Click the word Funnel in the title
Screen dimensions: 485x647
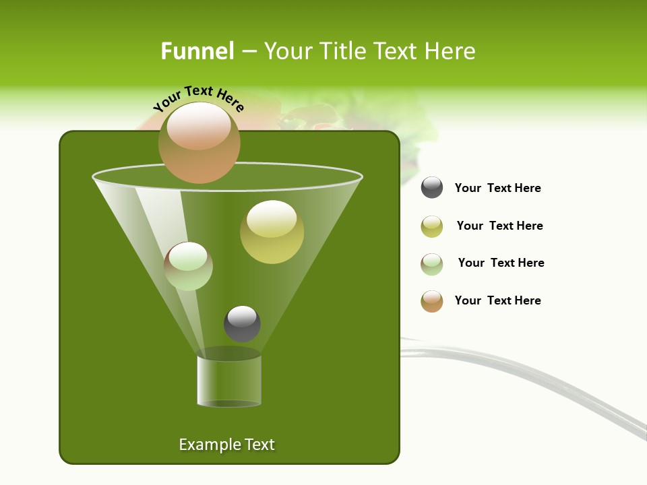coord(197,51)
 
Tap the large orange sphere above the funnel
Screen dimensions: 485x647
coord(199,142)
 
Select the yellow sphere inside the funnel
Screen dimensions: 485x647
coord(272,232)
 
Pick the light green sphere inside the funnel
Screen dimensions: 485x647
coord(188,266)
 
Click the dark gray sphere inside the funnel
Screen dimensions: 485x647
coord(242,323)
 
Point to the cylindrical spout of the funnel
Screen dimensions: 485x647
coord(229,381)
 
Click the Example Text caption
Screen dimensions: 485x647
coord(227,445)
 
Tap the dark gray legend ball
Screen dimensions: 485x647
coord(432,187)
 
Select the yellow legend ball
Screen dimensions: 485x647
coord(432,226)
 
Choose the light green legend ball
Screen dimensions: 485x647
coord(432,264)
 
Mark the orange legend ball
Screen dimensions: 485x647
coord(432,301)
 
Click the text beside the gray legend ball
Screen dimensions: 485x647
coord(497,188)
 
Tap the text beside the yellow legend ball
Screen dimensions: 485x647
coord(499,226)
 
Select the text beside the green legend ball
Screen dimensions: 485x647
coord(501,263)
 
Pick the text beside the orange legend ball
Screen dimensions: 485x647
coord(497,300)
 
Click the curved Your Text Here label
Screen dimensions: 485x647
coord(199,97)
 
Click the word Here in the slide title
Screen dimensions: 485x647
coord(450,51)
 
